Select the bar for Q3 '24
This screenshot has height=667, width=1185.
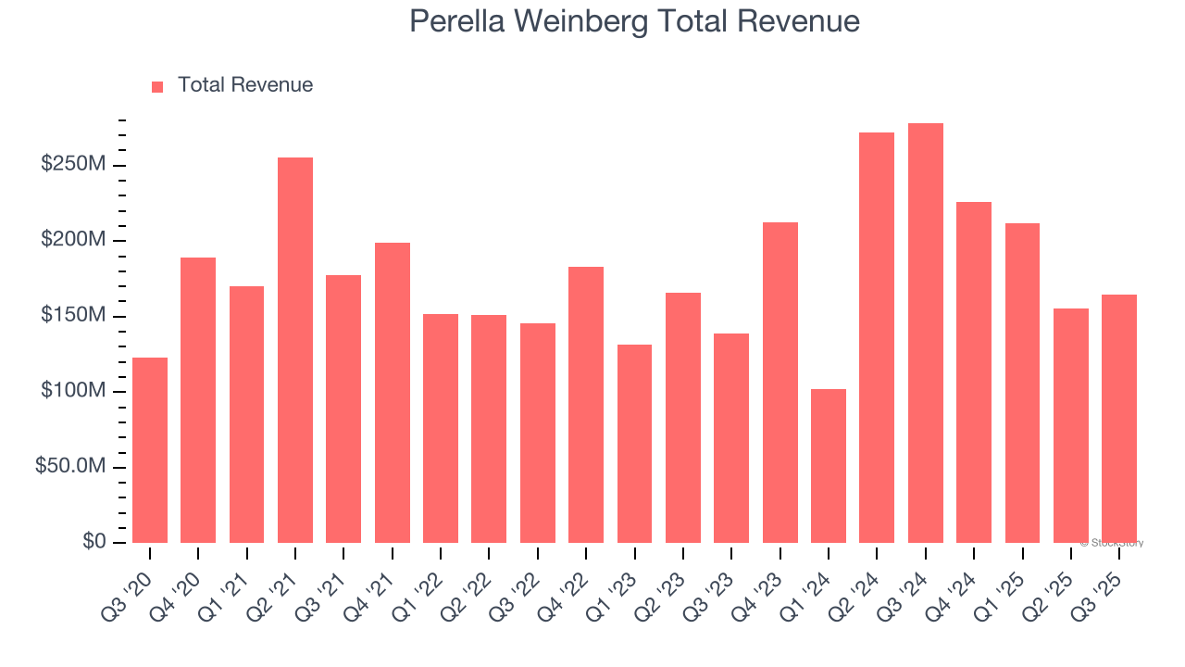925,333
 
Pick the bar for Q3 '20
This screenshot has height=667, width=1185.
150,450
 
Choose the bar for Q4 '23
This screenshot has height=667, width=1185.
780,383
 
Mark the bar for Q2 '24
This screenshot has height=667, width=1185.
877,338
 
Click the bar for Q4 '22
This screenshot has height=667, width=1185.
586,405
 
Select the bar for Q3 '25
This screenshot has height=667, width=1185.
1119,419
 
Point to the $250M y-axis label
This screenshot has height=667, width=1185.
72,165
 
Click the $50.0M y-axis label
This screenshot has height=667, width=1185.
70,467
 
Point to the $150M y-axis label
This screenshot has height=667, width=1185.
72,316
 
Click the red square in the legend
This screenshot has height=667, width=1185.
157,86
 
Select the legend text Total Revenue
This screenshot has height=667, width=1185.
245,85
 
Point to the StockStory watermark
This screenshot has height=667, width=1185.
1115,543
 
